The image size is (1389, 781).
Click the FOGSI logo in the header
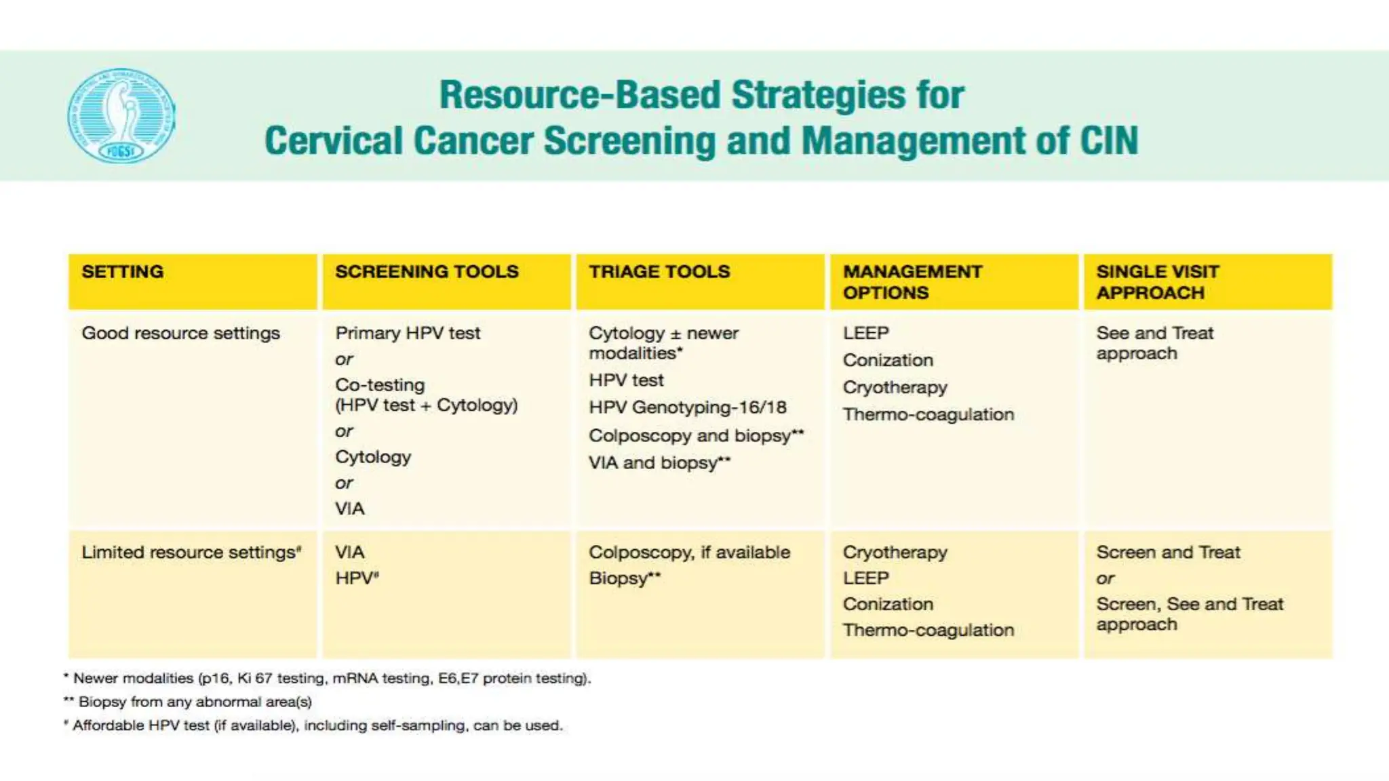pos(121,115)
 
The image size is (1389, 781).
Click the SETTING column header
pos(123,272)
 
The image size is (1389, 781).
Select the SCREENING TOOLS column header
pos(427,272)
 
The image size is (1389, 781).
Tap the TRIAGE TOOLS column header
pos(659,272)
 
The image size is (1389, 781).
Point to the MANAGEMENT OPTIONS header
pos(912,282)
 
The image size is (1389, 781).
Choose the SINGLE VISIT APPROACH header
pos(1157,282)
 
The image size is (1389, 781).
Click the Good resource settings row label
pos(180,334)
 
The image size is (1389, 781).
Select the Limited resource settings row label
pos(191,553)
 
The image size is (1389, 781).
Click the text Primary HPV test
pos(408,334)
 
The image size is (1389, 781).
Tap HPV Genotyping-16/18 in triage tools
pos(687,407)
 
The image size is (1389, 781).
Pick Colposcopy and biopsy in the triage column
pos(695,436)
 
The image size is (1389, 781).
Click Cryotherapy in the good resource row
pos(895,388)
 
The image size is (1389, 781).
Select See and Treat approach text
pos(1154,344)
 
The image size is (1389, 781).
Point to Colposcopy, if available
pos(689,553)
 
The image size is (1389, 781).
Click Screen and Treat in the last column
pos(1168,553)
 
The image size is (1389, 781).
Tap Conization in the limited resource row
pos(888,604)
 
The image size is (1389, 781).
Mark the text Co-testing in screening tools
pos(380,385)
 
